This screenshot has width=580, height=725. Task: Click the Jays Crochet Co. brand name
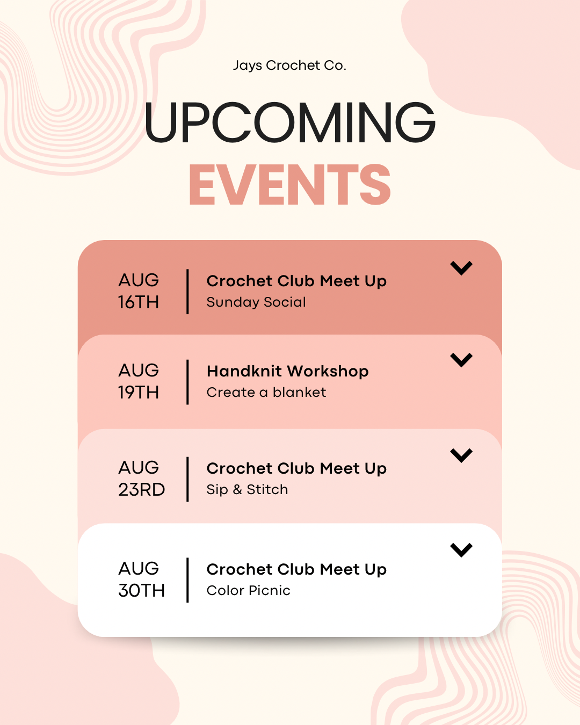(x=289, y=66)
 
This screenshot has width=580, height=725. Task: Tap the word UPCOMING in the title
(x=290, y=122)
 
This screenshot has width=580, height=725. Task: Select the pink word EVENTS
(x=290, y=185)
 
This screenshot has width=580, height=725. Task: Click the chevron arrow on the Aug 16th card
(x=461, y=268)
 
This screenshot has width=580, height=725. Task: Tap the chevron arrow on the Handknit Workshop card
(x=461, y=360)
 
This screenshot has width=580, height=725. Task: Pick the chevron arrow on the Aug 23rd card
(x=461, y=455)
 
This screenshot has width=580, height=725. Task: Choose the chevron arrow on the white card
(x=461, y=550)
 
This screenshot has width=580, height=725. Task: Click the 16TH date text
(x=139, y=302)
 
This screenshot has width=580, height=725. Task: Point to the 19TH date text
(x=139, y=393)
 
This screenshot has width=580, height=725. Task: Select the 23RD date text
(x=142, y=490)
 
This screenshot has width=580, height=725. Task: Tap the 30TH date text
(x=142, y=591)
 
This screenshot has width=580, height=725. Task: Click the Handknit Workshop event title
(x=288, y=371)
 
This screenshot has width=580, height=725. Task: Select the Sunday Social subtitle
(x=256, y=302)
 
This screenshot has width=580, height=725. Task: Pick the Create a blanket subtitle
(x=266, y=393)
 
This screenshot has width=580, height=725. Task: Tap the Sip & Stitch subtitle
(x=248, y=490)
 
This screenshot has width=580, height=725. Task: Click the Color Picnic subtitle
(x=248, y=591)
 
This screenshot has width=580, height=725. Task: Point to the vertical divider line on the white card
(x=187, y=580)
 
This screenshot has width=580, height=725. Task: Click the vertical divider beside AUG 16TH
(x=187, y=292)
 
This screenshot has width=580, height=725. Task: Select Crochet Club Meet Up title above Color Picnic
(x=296, y=570)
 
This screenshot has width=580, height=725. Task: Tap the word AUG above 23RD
(x=139, y=468)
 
